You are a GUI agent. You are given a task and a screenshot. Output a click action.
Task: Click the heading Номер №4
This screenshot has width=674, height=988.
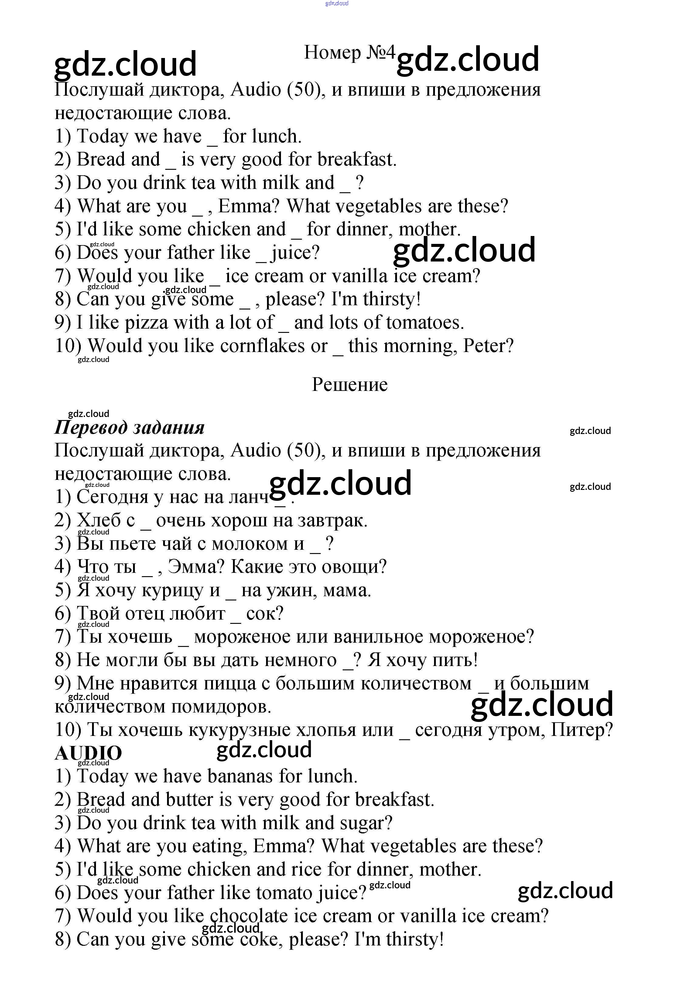(350, 53)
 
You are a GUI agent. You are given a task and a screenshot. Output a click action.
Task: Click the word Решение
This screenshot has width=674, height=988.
(350, 385)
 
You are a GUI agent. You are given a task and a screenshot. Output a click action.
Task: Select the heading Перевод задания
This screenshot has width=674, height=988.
(129, 427)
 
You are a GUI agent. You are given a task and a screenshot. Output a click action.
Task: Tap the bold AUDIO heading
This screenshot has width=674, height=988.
(88, 753)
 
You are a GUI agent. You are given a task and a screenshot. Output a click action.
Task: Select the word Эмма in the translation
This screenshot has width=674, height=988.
(196, 567)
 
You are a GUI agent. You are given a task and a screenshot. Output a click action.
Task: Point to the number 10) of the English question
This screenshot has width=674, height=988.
(68, 346)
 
